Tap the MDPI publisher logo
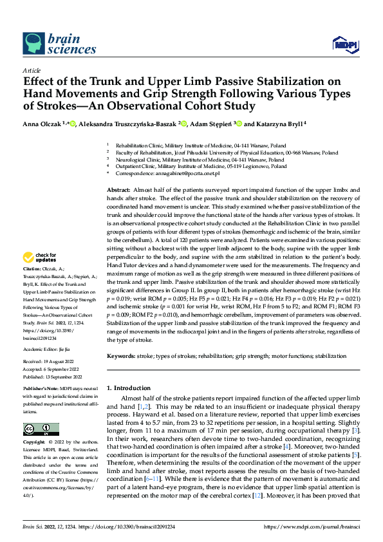(344, 44)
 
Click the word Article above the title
(32, 70)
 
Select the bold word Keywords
(122, 356)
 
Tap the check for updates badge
(40, 257)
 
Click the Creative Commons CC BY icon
(41, 429)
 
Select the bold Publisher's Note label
(41, 389)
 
